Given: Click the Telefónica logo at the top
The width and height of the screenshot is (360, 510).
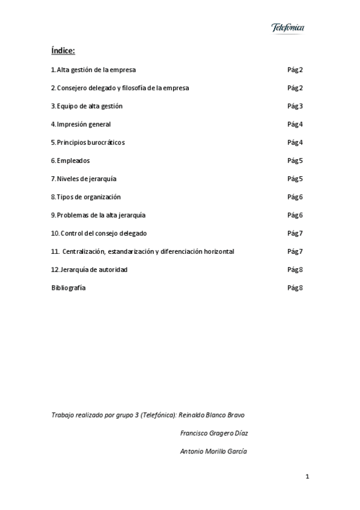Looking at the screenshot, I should tap(288, 28).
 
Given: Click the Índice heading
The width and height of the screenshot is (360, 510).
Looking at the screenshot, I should tap(63, 51).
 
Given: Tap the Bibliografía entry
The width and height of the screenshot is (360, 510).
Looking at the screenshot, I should tap(69, 287).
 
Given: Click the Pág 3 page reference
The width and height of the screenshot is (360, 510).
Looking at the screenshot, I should tap(295, 106).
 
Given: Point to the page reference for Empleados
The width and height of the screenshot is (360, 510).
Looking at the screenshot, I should tap(295, 161).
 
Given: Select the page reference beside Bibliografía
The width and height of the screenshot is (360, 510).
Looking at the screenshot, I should tap(295, 287).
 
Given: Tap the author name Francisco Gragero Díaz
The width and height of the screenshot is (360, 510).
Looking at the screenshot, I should tap(214, 433).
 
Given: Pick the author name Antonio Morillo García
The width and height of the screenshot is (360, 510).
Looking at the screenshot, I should tap(213, 451).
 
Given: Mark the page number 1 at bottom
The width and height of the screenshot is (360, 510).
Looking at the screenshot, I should tap(307, 477).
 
